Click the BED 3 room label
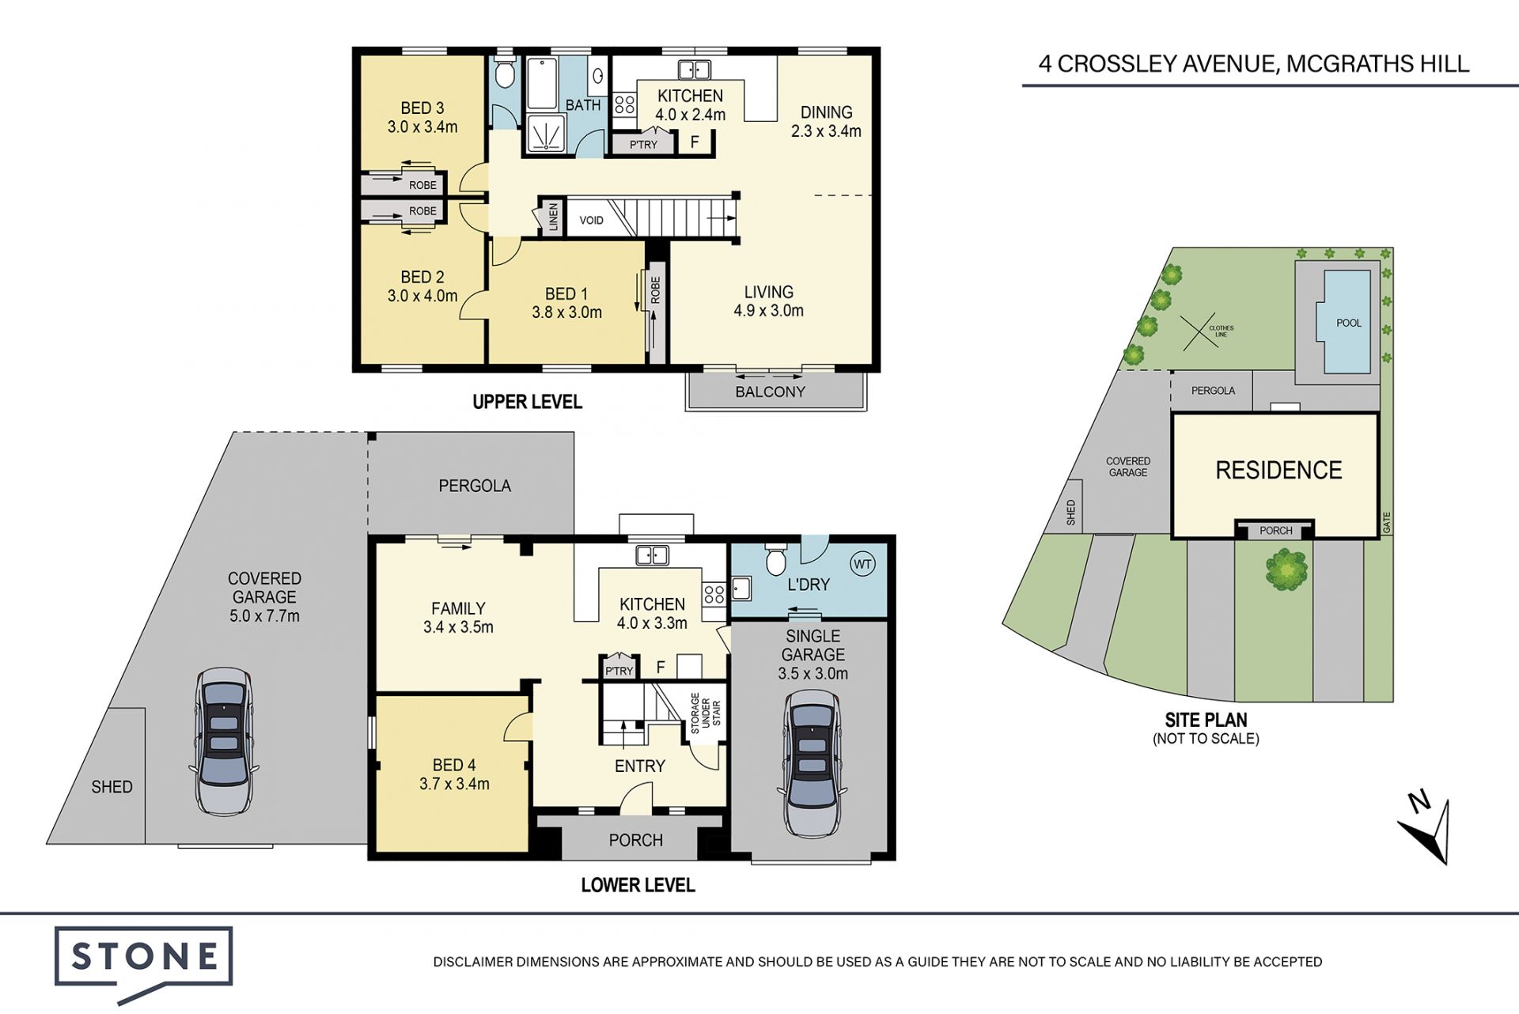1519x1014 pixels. point(422,108)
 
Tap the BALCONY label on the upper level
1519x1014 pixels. point(770,392)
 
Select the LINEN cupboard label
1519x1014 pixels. point(553,218)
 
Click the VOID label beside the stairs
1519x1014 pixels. point(591,220)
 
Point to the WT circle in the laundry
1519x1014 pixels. point(862,564)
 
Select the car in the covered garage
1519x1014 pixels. point(224,741)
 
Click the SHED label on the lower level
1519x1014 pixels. point(112,787)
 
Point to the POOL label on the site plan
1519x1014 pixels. point(1349,323)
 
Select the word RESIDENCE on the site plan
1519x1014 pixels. point(1278,471)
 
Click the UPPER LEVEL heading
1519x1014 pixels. point(527,402)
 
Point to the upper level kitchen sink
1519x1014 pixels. point(694,70)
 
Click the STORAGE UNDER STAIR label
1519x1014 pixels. point(706,713)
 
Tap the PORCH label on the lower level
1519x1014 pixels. point(635,840)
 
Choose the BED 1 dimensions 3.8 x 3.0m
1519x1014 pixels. point(566,312)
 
